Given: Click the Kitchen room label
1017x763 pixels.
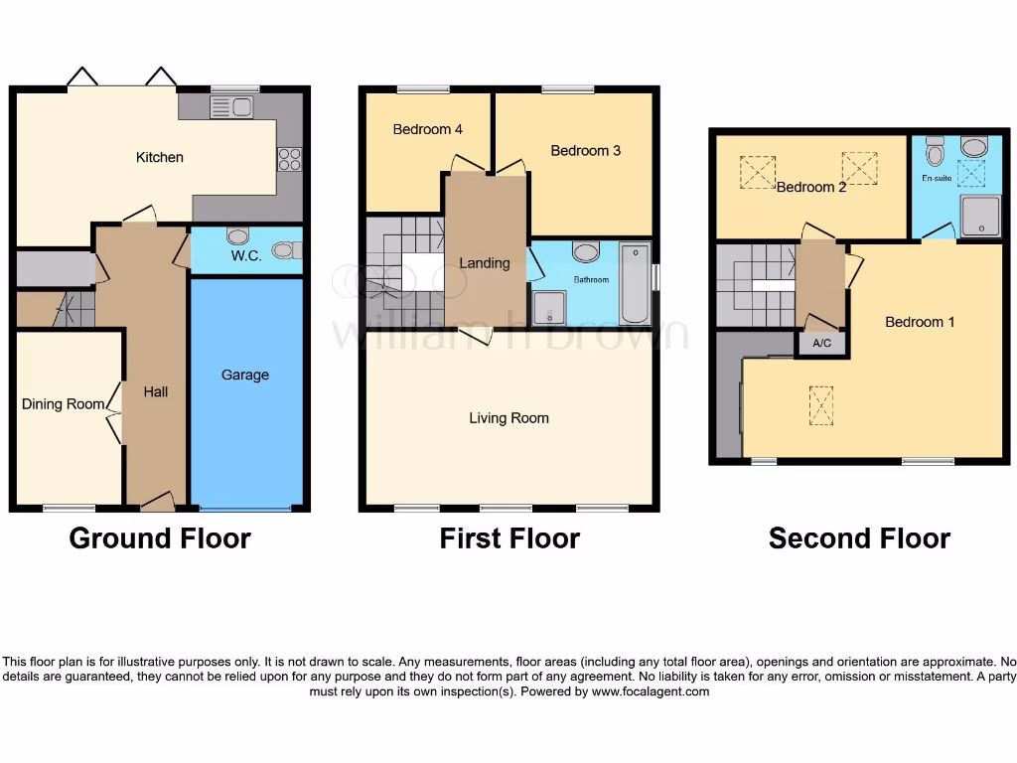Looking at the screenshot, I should click(159, 157).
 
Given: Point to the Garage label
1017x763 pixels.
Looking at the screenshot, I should click(245, 375).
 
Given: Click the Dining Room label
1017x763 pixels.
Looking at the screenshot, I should click(63, 404).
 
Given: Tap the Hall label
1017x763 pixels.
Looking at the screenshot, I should click(155, 391).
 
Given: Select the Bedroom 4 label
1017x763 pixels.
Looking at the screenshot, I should click(427, 129).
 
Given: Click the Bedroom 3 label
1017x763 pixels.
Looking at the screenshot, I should click(585, 150).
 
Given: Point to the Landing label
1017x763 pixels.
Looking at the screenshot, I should click(484, 263).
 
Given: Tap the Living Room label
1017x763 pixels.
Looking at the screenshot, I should click(508, 418).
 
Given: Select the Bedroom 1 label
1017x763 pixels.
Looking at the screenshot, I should click(920, 322).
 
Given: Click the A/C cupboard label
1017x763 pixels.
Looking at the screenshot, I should click(822, 344).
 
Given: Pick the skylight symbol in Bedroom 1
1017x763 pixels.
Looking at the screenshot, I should click(822, 404).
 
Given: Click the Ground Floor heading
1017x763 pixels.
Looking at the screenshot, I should click(159, 538).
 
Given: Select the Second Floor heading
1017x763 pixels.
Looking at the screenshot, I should click(859, 538).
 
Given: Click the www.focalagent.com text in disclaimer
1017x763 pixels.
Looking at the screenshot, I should click(651, 691).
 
